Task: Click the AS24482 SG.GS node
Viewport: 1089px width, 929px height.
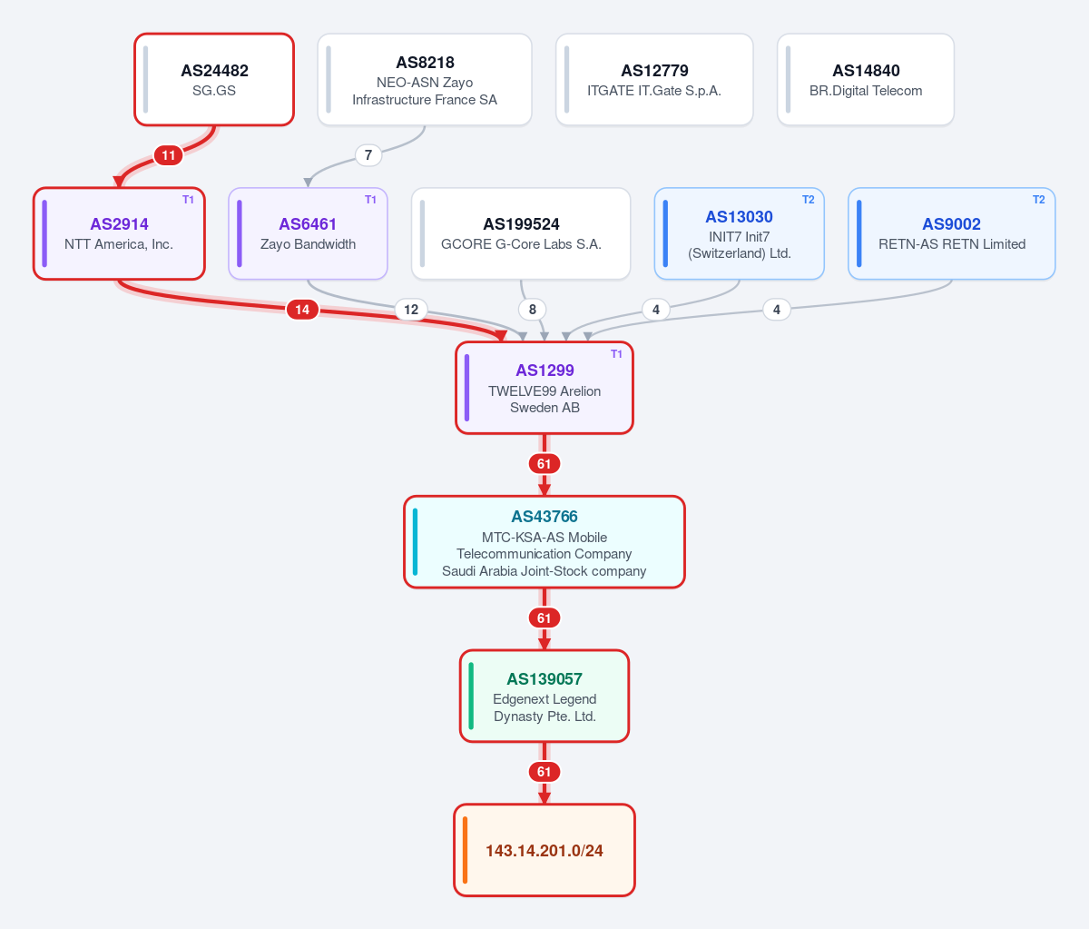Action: click(214, 80)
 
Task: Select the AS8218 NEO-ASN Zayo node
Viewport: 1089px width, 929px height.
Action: click(425, 80)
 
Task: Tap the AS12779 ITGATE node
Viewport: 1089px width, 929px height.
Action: click(654, 80)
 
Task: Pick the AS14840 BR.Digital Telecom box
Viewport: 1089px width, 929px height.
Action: click(866, 80)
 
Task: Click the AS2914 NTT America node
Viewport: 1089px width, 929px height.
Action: click(119, 233)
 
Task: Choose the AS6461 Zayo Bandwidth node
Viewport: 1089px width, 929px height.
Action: click(308, 233)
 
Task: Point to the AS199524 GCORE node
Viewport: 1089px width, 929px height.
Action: click(521, 233)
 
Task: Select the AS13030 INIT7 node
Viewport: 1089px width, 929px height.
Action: click(740, 233)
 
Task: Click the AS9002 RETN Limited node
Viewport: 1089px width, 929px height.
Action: click(951, 233)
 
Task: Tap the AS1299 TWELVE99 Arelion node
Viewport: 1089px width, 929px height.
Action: click(544, 388)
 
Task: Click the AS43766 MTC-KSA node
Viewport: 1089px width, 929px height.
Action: click(544, 542)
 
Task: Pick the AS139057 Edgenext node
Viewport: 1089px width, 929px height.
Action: click(544, 696)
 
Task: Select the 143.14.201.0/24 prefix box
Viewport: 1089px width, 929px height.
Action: click(544, 850)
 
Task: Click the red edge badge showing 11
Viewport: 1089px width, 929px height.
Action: click(168, 155)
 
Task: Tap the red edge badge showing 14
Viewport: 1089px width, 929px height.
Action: click(302, 310)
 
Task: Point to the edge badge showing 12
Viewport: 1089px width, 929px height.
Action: click(411, 310)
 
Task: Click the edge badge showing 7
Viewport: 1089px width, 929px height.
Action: click(368, 155)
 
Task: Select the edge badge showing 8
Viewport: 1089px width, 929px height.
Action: click(532, 310)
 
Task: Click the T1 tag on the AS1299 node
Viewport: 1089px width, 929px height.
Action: click(616, 354)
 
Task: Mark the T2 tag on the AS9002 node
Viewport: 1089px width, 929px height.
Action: click(1038, 200)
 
